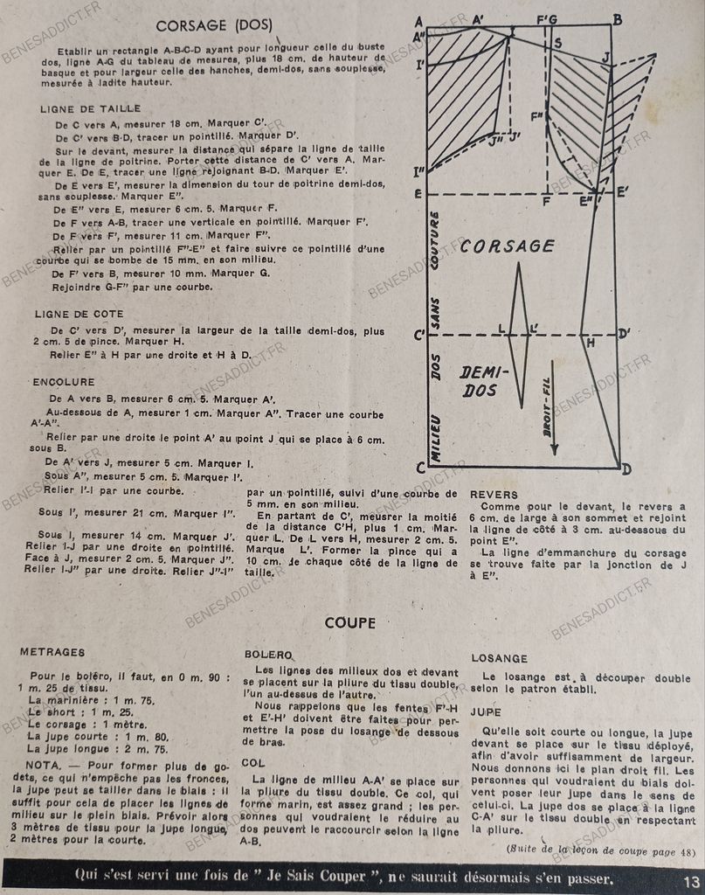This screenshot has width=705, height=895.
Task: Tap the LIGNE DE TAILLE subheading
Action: (82, 109)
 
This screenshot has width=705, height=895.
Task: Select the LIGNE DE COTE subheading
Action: (79, 313)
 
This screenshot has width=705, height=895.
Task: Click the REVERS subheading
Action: (494, 495)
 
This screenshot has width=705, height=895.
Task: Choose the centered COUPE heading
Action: (350, 623)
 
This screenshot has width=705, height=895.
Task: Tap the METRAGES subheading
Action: (52, 652)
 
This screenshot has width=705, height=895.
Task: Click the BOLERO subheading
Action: (267, 654)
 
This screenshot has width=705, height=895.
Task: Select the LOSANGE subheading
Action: (500, 658)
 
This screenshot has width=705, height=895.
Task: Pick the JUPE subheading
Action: (486, 712)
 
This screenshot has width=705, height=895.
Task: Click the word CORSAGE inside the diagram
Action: (507, 246)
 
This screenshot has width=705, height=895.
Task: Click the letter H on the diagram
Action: (591, 344)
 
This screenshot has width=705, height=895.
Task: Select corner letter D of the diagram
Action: (626, 469)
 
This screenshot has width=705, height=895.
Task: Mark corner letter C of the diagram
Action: (420, 468)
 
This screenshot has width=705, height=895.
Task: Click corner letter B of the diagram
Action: (618, 20)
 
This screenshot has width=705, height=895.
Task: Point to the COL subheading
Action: (256, 763)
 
